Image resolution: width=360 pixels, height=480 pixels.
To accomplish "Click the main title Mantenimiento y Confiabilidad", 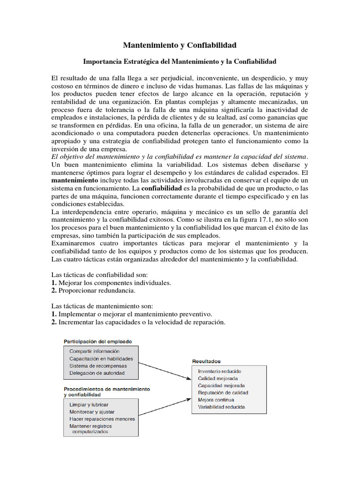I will pos(180,45).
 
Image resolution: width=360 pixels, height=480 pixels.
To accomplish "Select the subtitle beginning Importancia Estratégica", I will pos(180,61).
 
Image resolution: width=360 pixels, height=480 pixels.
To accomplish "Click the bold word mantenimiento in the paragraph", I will pos(75,180).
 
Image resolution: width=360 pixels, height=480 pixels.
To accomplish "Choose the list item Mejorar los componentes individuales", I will pos(114,283).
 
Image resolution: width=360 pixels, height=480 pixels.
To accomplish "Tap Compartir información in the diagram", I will pos(94,351).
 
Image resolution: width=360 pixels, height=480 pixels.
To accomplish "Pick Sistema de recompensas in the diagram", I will pos(98,366).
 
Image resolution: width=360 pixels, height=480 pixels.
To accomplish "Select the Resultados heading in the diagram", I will pos(206,361).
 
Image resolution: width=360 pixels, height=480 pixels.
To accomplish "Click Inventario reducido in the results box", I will pos(220,371).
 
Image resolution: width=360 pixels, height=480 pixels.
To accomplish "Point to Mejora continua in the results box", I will pos(216,400).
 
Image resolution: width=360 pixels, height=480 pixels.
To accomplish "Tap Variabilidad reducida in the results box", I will pos(221,407).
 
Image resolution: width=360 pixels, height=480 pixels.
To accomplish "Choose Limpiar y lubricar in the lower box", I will pos(89,404).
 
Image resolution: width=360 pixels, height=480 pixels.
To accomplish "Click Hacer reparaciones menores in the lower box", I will pos(102,419).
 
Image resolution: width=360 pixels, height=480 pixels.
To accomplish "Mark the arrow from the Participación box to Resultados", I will pos(165,368).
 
